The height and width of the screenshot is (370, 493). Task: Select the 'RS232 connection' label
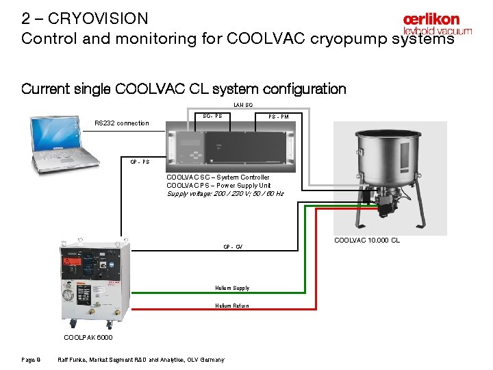(x=121, y=123)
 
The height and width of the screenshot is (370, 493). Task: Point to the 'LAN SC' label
(x=243, y=105)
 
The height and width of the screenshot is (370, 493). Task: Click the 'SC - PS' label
(x=212, y=116)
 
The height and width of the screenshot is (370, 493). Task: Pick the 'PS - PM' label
(x=278, y=116)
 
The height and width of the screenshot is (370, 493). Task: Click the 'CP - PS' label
(x=140, y=162)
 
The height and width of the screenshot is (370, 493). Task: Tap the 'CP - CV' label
(x=233, y=247)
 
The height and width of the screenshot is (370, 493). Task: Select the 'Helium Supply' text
(x=232, y=288)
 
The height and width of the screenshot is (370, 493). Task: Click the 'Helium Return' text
(x=232, y=306)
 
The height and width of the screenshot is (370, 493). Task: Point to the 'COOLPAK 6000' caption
(x=88, y=338)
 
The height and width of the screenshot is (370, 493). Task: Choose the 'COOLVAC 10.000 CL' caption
(x=367, y=241)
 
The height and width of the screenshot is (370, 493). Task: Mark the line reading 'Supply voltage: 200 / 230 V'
(x=225, y=194)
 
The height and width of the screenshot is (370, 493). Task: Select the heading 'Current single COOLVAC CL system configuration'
(x=184, y=89)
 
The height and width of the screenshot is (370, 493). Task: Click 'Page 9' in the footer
(x=31, y=360)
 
